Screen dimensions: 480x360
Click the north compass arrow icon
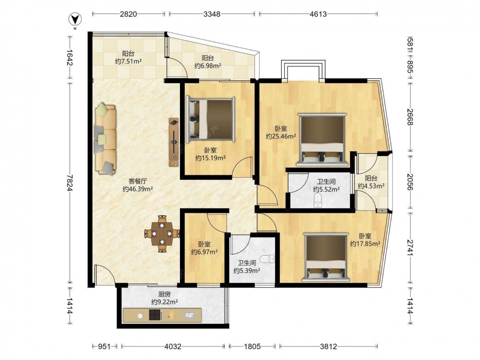coord(75,20)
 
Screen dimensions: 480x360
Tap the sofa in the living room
coord(105,139)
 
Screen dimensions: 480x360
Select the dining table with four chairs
coord(162,234)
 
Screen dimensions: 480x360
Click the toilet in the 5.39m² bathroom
coord(269,259)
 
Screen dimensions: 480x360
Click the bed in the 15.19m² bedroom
coord(211,120)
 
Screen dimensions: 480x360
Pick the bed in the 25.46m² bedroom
coord(323,140)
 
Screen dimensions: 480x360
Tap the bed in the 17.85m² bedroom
coord(326,257)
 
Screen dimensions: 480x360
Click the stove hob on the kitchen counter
coord(156,315)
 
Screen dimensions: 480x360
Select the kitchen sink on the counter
coord(189,315)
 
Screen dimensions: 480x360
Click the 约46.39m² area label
coord(138,189)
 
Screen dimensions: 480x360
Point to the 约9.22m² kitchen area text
coord(165,302)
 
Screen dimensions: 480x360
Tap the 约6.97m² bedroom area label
coord(204,252)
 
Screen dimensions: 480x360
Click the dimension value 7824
coord(71,183)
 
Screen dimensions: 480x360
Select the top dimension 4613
coord(318,14)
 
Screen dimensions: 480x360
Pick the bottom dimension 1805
coord(252,347)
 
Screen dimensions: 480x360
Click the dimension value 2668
coord(410,117)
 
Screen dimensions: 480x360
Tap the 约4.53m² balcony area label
coord(372,186)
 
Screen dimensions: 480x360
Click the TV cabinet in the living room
coord(174,143)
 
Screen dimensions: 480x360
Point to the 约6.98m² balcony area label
coord(208,65)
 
